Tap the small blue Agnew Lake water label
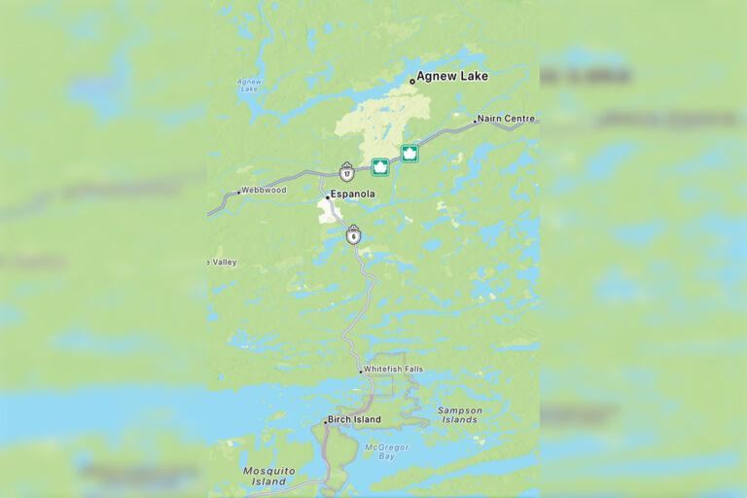pyautogui.click(x=249, y=86)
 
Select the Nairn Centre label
pyautogui.click(x=506, y=119)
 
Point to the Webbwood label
pyautogui.click(x=265, y=190)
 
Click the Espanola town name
pyautogui.click(x=352, y=195)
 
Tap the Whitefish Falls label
pyautogui.click(x=393, y=370)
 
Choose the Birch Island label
pyautogui.click(x=354, y=420)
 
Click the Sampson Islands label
pyautogui.click(x=459, y=415)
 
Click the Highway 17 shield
pyautogui.click(x=347, y=172)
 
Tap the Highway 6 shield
pyautogui.click(x=353, y=234)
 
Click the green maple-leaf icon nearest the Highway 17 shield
pyautogui.click(x=380, y=167)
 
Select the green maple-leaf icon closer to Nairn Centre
pyautogui.click(x=409, y=154)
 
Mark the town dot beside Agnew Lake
pyautogui.click(x=411, y=81)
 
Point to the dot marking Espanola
pyautogui.click(x=327, y=196)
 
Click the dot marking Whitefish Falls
pyautogui.click(x=360, y=371)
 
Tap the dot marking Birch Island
pyautogui.click(x=325, y=421)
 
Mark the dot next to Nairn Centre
pyautogui.click(x=475, y=122)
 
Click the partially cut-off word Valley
pyautogui.click(x=224, y=263)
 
